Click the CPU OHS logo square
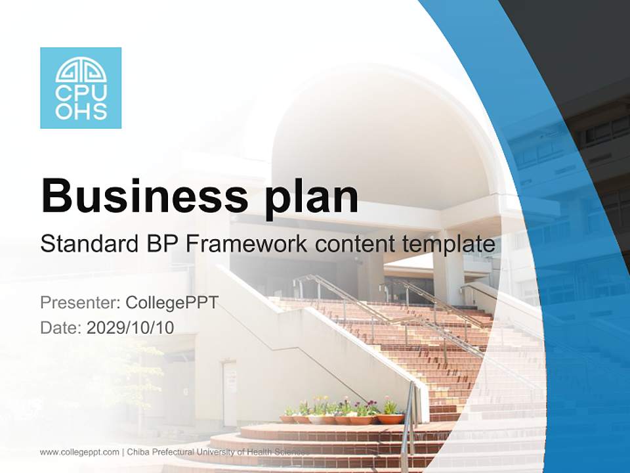click(x=81, y=88)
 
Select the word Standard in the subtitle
click(x=86, y=244)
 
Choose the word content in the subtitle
click(x=354, y=244)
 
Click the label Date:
click(x=61, y=327)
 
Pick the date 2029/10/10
click(x=131, y=327)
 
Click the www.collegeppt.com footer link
click(x=79, y=452)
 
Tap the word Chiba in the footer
click(x=139, y=452)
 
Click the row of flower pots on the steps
click(x=342, y=418)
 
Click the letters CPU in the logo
click(x=81, y=93)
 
